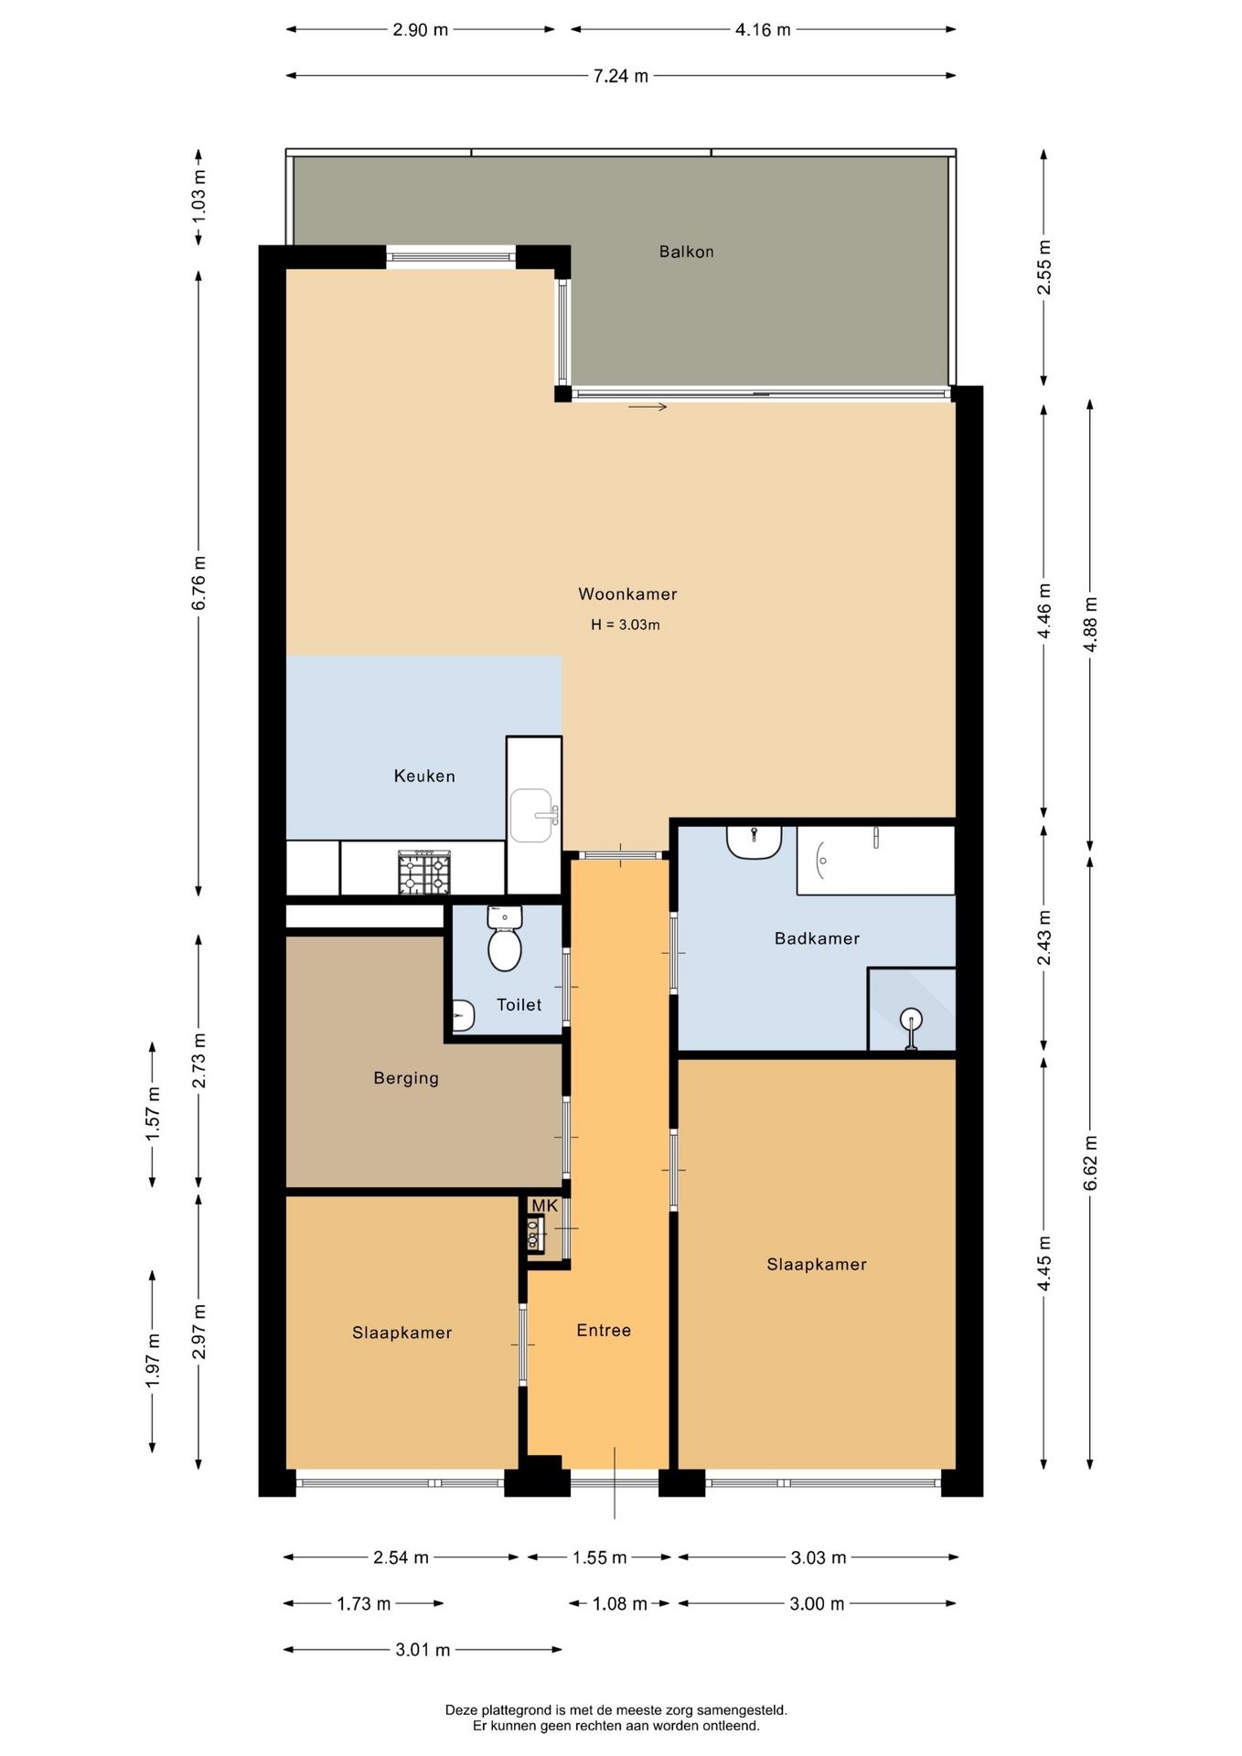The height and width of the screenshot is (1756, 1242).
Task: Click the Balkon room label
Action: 686,252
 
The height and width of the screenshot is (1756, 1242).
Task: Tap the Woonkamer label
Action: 627,594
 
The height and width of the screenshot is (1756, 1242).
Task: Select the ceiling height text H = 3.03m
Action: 626,625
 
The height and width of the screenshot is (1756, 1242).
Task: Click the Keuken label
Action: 424,776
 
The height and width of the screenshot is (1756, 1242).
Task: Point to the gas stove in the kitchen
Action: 424,873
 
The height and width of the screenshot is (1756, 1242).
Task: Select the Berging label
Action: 406,1078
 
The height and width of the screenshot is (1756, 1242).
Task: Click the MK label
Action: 544,1205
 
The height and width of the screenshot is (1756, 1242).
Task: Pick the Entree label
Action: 604,1330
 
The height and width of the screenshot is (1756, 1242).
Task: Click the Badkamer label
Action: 817,937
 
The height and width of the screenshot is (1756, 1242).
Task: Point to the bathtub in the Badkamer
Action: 875,860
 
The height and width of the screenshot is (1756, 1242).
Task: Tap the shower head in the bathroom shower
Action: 911,1019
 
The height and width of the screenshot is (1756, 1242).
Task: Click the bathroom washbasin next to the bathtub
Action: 755,841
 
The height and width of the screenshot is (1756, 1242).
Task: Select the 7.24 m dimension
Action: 621,76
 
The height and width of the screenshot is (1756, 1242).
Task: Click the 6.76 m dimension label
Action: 198,583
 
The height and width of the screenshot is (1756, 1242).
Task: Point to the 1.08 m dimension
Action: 619,1603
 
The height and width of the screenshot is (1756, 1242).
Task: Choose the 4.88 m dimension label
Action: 1089,624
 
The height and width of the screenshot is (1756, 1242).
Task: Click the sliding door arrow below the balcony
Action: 648,407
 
